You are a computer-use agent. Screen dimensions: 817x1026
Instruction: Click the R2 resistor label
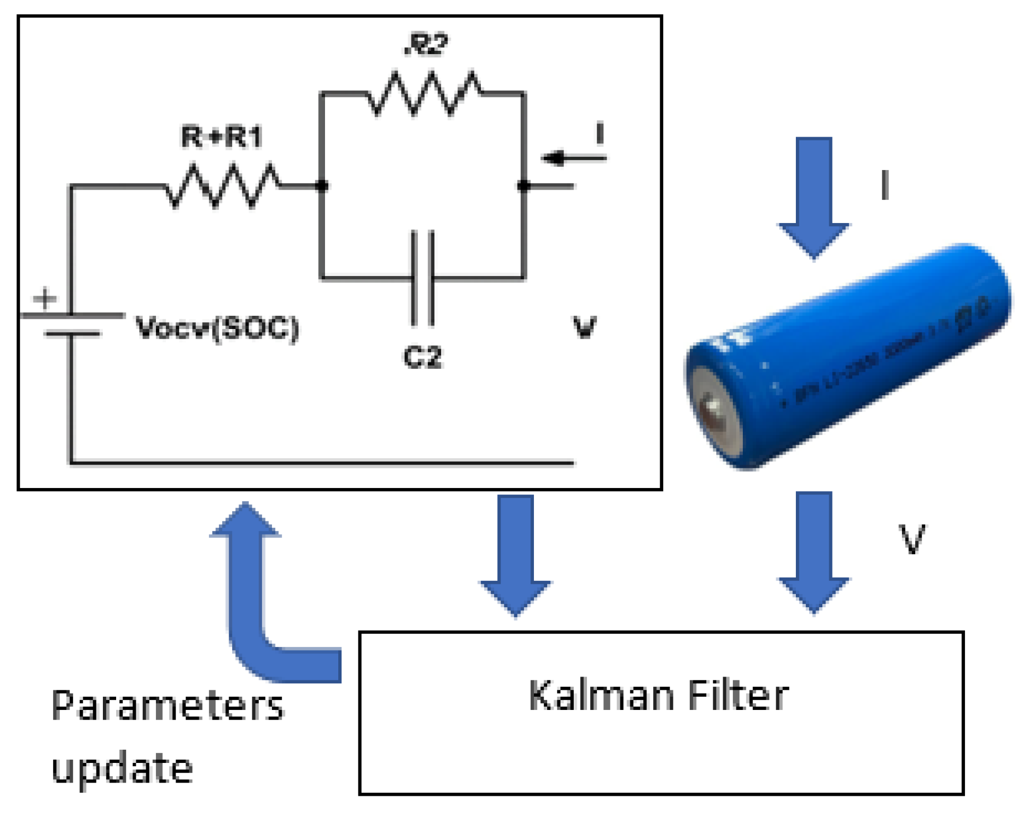pos(426,45)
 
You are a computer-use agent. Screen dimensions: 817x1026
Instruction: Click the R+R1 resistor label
pos(221,137)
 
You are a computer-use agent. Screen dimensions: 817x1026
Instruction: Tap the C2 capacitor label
pos(422,357)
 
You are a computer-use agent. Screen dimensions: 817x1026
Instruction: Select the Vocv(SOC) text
pos(217,328)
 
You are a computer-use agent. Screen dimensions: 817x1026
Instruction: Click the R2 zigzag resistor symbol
pos(424,93)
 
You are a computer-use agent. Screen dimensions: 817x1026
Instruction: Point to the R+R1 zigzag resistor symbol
pos(223,186)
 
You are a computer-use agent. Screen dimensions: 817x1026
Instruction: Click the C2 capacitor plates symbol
pos(423,278)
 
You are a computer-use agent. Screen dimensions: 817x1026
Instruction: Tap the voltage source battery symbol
pos(72,324)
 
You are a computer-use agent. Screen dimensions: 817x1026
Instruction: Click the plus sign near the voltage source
pos(45,298)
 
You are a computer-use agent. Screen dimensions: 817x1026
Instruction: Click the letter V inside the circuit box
pos(584,327)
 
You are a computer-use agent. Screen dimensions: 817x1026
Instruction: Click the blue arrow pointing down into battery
pos(813,196)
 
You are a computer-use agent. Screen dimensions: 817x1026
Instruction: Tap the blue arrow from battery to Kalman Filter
pos(813,551)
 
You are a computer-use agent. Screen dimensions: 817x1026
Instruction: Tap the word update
pos(122,768)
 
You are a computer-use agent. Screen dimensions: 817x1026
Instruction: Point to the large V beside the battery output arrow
pos(911,539)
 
